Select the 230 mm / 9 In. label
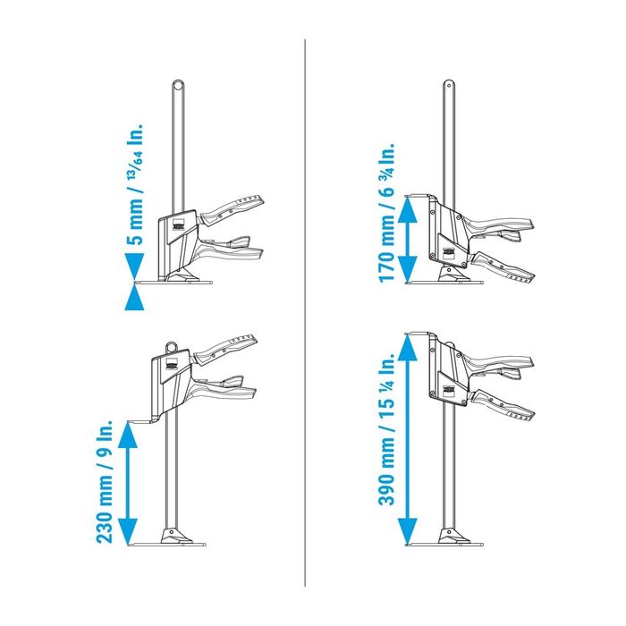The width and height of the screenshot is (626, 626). [105, 481]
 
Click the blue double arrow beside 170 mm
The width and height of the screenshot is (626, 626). [408, 239]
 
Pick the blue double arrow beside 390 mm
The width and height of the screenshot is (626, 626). [408, 439]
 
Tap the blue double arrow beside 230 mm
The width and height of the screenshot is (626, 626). [128, 484]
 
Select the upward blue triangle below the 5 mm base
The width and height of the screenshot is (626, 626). [134, 297]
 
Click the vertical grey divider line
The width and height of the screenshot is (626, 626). [305, 313]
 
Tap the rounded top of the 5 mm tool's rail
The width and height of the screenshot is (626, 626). [178, 86]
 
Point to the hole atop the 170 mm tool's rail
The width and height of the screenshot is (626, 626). [449, 85]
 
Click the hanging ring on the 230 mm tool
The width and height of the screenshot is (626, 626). [173, 346]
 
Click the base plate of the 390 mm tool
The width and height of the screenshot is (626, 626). [445, 544]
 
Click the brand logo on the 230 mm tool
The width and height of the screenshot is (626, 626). [171, 364]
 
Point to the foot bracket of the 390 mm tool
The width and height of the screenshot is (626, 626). [453, 535]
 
